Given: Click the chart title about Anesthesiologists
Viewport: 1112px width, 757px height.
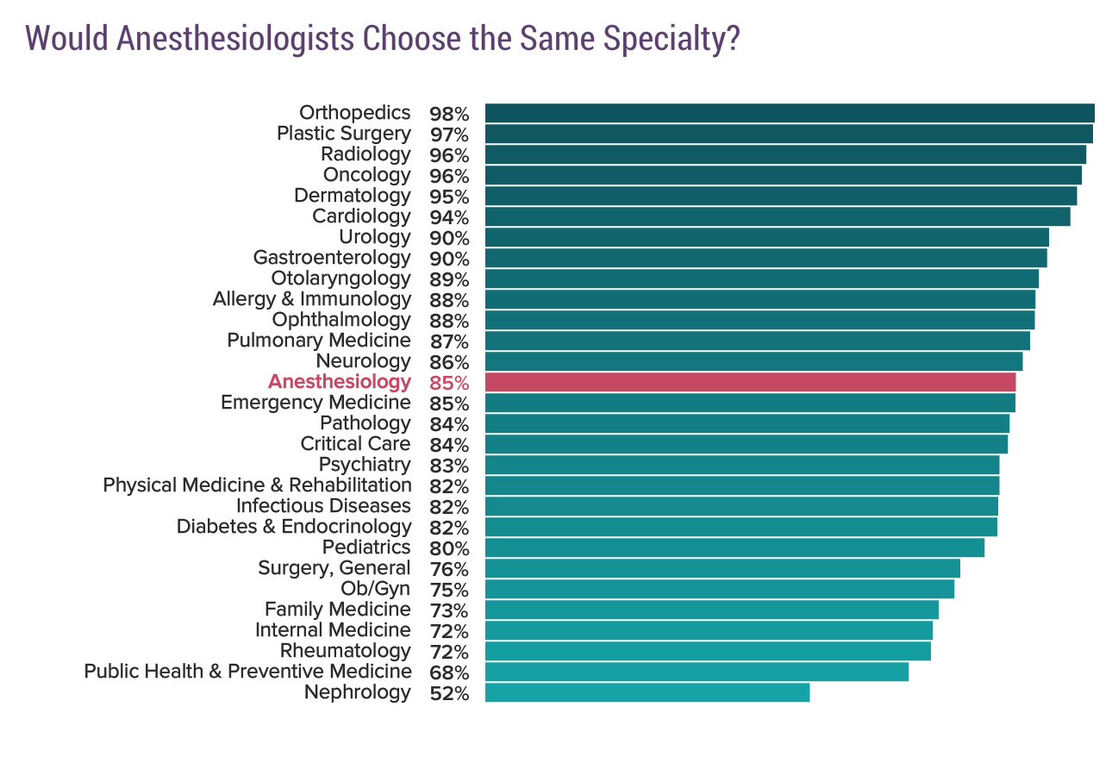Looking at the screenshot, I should pos(383,40).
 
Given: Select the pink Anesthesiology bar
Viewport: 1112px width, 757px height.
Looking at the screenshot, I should pos(750,382).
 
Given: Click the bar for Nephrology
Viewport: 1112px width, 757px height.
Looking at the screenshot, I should pos(647,692).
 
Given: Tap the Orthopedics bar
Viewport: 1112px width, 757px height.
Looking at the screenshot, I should pos(789,113).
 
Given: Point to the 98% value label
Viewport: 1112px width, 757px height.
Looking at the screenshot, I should pos(448,114).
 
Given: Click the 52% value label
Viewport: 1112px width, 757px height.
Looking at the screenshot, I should pos(448,693).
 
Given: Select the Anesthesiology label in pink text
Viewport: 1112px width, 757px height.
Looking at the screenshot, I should pos(339,382).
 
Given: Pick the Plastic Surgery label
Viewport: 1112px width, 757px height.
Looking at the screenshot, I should pos(343,134).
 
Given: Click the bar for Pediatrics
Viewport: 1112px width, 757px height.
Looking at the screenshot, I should pos(734,547).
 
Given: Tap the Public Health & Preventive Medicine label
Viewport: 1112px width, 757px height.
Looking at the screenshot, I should pos(247,672).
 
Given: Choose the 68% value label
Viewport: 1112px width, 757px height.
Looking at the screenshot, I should pos(448,673).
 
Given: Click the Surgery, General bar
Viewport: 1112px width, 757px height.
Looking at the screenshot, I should pos(722,568).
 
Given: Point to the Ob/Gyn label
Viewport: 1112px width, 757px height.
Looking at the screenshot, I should pos(376,589).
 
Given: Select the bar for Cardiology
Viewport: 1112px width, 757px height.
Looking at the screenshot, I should pos(777,216).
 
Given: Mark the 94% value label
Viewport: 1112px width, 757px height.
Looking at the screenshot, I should pos(448,217).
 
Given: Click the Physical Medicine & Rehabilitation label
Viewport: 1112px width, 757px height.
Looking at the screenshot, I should pos(257,485).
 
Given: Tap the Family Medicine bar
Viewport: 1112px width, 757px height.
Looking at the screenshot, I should pos(711,610).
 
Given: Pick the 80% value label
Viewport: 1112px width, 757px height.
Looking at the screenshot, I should pos(448,548).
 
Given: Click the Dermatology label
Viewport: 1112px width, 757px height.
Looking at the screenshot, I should pos(352,196).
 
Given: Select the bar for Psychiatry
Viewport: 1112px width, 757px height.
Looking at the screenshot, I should pos(741,465).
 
